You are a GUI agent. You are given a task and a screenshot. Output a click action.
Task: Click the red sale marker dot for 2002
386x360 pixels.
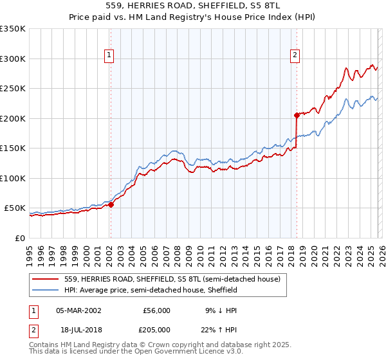click(111, 205)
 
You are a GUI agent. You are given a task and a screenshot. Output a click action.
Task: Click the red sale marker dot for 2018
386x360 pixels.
click(297, 116)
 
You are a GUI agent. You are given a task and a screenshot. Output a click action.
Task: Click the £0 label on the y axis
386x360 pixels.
click(19, 238)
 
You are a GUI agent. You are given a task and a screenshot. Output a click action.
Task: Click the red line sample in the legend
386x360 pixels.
click(47, 280)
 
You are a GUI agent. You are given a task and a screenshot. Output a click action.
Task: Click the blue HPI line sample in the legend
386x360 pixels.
click(47, 291)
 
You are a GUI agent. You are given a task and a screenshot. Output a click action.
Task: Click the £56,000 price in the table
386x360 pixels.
click(156, 310)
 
